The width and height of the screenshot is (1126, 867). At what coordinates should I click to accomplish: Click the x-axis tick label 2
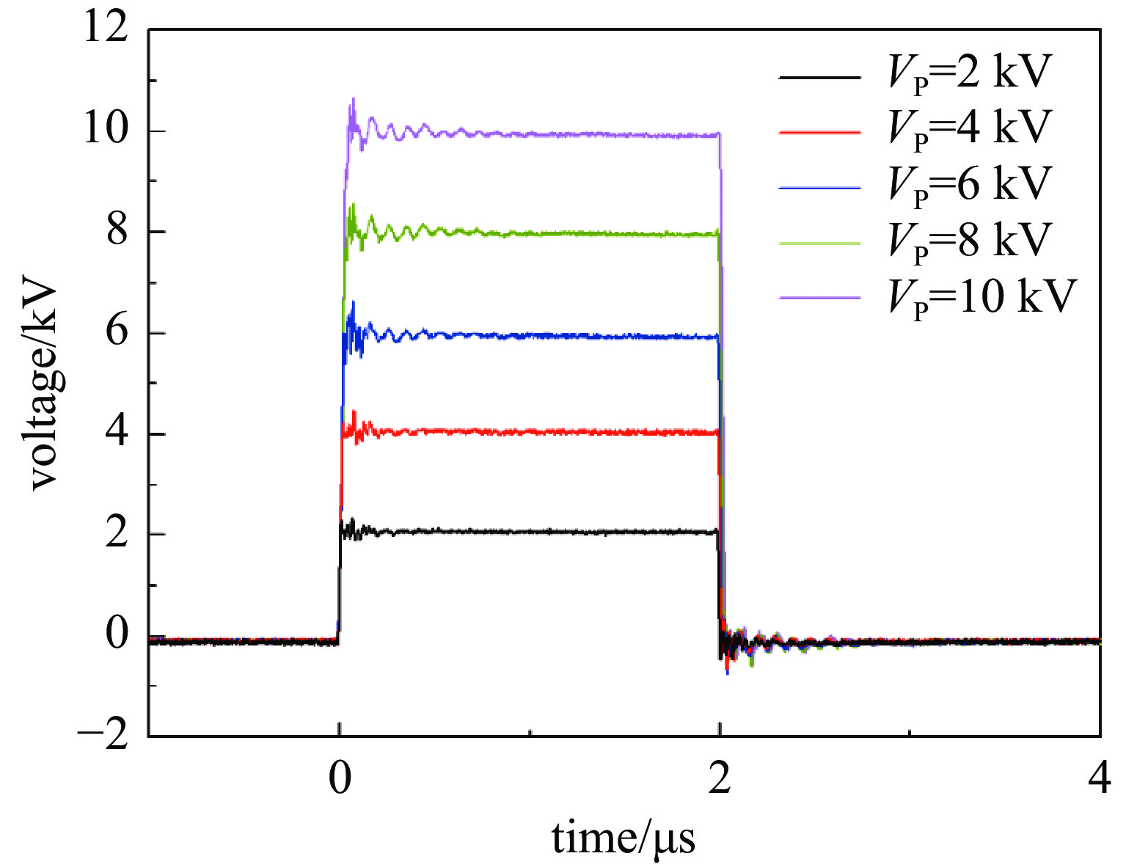pos(720,780)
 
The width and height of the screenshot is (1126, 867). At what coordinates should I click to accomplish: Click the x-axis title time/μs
pos(624,838)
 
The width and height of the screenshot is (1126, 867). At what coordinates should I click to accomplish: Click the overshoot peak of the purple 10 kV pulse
pos(353,100)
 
